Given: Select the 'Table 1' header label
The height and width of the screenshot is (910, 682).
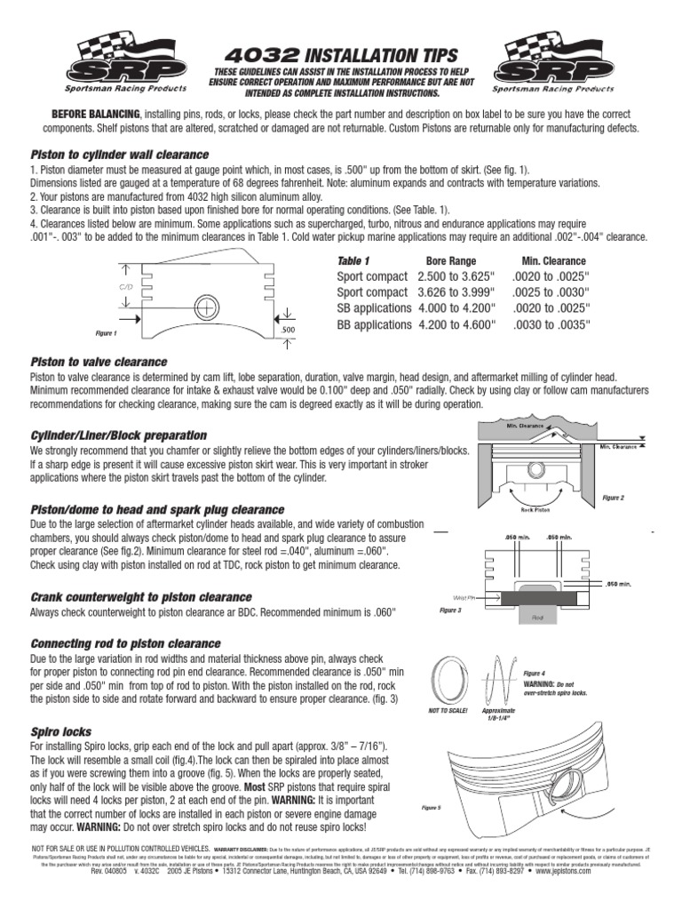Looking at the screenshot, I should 353,261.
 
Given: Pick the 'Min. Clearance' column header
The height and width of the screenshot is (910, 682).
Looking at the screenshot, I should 553,261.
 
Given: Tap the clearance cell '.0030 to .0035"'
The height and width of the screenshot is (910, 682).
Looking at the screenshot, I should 552,325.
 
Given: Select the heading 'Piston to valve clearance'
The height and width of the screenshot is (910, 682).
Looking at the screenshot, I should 99,362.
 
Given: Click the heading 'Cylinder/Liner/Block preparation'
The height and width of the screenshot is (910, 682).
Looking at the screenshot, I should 118,435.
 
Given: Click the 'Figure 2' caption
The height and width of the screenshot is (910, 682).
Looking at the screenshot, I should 613,498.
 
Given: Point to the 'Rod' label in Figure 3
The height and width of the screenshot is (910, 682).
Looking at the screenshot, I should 537,616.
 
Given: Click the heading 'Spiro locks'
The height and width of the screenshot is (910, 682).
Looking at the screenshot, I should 61,731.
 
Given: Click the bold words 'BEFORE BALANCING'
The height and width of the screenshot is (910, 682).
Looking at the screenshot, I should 95,115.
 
